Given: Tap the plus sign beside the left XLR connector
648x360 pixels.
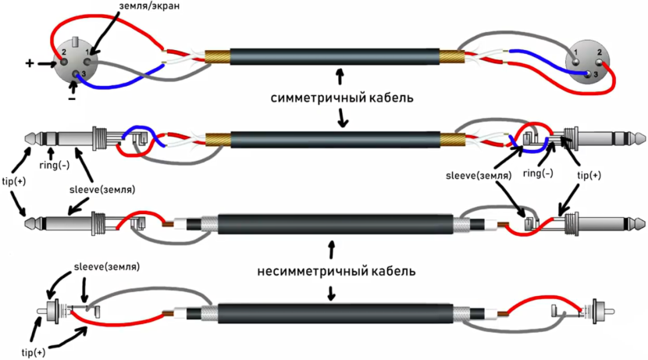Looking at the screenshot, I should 30,63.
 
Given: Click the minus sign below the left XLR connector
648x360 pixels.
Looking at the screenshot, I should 71,98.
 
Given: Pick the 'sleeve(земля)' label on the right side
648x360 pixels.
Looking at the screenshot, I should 475,176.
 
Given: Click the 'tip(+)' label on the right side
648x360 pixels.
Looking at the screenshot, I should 589,176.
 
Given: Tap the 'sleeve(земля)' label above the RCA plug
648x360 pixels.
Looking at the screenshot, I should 106,266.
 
